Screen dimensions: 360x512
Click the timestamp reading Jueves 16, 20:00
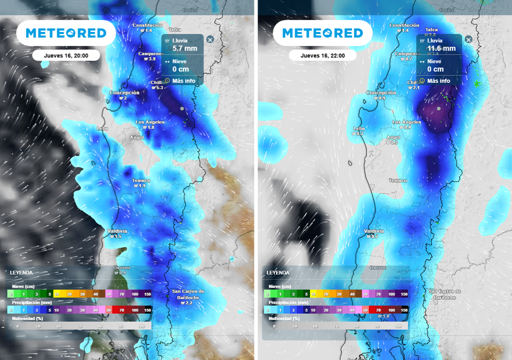[x=66, y=55]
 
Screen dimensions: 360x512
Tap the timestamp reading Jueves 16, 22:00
[x=322, y=55]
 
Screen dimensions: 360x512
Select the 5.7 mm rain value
[x=184, y=48]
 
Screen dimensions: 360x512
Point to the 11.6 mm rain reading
[x=441, y=48]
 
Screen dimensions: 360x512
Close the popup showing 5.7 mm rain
[x=210, y=39]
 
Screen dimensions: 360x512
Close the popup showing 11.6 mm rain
[x=468, y=39]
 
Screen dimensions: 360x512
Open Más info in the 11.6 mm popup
[x=438, y=81]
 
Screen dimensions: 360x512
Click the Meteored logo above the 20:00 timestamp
[x=66, y=33]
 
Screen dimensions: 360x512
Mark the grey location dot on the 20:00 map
[x=182, y=108]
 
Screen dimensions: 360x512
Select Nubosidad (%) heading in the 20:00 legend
[x=25, y=318]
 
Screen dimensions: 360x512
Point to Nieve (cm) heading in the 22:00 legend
[x=279, y=286]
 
